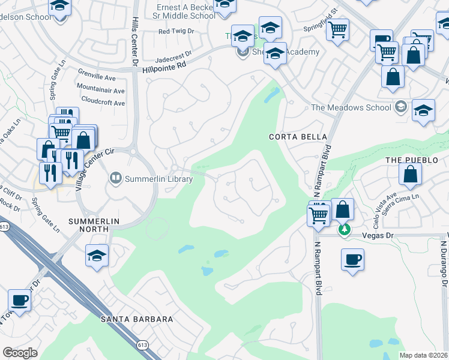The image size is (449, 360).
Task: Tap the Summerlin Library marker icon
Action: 115,178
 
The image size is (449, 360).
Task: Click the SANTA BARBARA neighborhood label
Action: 137,319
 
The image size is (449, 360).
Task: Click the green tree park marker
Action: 344,230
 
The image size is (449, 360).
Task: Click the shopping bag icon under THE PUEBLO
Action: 410,174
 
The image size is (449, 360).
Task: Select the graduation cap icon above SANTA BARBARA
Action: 97,256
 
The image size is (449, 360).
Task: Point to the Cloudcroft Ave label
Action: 102,103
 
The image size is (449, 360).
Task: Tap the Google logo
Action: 20,353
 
